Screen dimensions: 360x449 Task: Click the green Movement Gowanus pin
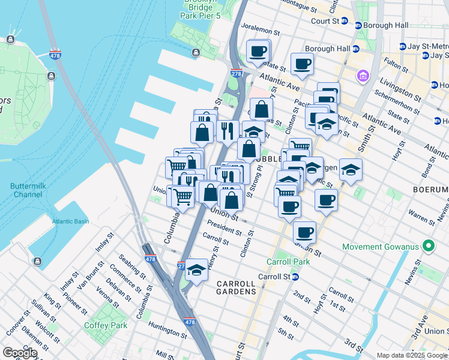tap(428, 247)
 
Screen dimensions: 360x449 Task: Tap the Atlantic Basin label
tap(70, 221)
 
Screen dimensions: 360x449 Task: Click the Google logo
tap(20, 353)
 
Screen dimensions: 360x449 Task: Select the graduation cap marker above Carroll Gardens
tap(196, 271)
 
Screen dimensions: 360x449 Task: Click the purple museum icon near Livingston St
tap(363, 76)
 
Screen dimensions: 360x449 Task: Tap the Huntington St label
tap(169, 331)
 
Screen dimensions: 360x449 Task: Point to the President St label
tap(224, 229)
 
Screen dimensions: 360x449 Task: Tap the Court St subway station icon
tap(345, 20)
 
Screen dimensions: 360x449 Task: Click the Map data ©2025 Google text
tap(411, 355)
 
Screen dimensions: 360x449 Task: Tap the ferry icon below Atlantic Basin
tap(37, 261)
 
